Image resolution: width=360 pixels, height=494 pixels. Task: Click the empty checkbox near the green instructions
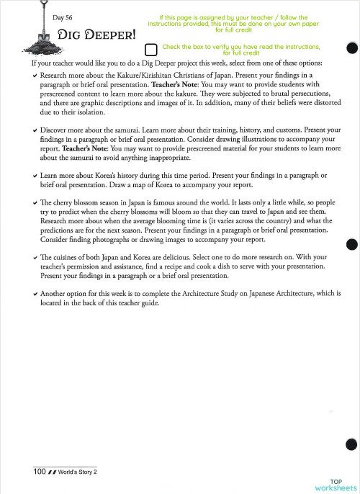pos(150,50)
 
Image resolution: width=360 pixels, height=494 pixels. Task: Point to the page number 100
pos(40,472)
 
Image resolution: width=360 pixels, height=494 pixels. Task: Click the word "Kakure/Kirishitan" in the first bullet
pos(160,75)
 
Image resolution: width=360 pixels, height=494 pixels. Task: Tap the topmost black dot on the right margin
pos(351,48)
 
